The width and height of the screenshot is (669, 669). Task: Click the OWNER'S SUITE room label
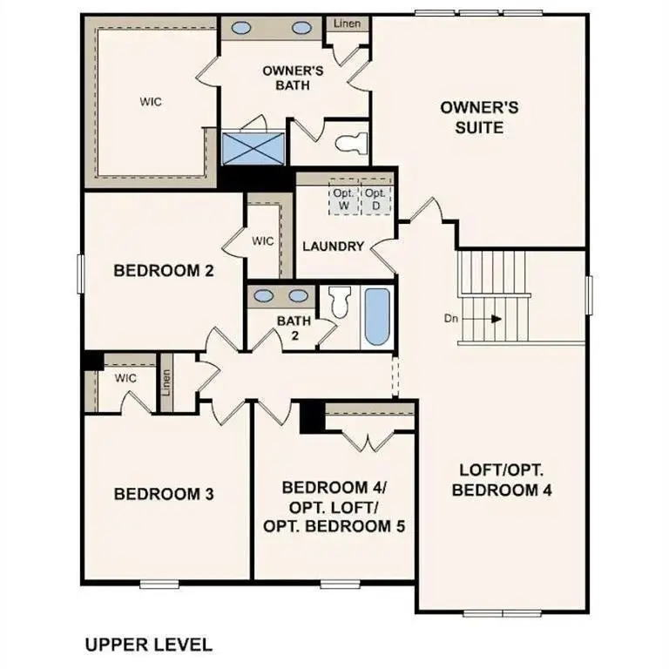point(479,117)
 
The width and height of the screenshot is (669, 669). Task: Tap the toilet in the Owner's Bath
point(354,141)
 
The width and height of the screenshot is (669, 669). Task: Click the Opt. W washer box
point(342,199)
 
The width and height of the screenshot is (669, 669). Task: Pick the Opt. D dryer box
point(375,199)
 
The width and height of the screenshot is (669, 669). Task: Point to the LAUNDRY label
point(333,247)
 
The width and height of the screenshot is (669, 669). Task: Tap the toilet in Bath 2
point(340,302)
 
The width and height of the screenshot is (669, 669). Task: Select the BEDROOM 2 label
point(164,271)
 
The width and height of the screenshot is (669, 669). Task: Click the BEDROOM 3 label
point(164,494)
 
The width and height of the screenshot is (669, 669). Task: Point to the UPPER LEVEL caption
point(148,645)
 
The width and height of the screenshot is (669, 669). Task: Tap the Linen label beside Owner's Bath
point(341,24)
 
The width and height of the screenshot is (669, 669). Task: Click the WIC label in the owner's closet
point(151,101)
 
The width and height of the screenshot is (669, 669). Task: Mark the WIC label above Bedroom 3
point(125,378)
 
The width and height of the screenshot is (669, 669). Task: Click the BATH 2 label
point(294,328)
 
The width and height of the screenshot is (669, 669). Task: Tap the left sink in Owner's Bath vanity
point(240,27)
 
